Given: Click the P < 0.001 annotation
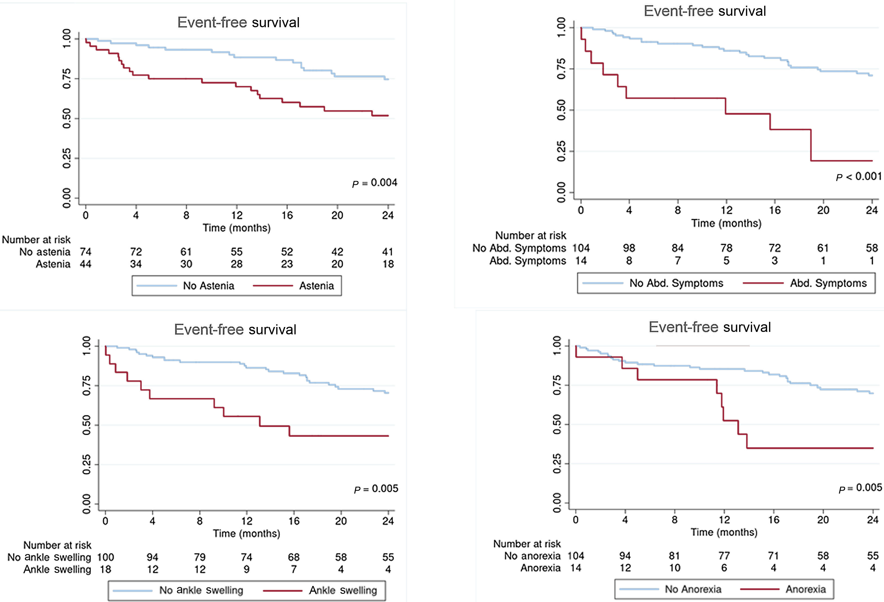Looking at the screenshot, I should (858, 177).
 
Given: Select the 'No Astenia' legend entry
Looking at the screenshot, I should (208, 286).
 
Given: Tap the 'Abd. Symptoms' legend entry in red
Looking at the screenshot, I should (828, 283).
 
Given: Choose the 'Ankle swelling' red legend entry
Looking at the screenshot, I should (343, 590).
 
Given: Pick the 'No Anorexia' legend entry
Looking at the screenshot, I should (693, 589).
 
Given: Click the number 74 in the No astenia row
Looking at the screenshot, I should (86, 252).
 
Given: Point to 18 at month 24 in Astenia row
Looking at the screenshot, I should (388, 264).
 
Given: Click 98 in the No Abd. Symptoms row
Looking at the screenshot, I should (629, 248).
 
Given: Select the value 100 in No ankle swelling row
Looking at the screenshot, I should (105, 557).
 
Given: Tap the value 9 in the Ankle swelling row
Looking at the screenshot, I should (246, 569).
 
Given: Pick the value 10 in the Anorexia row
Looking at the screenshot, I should (674, 568).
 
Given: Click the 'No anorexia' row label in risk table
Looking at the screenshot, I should (532, 556).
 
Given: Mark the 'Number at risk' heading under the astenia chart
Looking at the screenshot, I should (36, 240).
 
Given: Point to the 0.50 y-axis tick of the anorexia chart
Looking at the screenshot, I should (557, 424).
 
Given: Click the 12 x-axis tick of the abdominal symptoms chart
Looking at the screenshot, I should (726, 210).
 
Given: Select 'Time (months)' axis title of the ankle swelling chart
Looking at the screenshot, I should (246, 533).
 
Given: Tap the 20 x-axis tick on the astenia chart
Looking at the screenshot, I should (337, 216).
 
